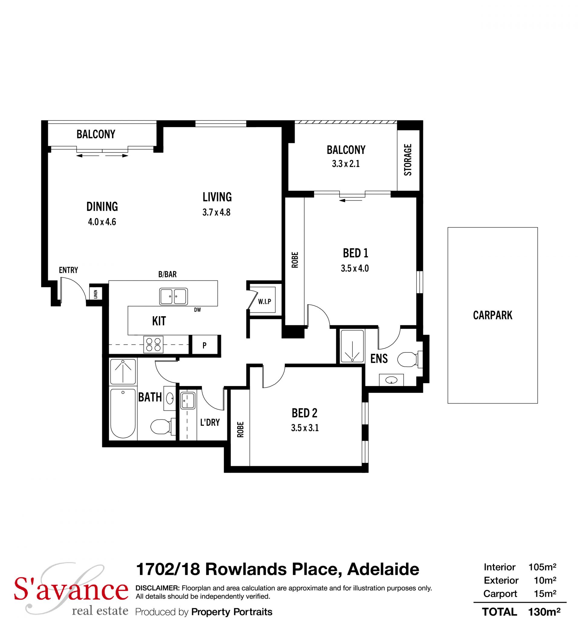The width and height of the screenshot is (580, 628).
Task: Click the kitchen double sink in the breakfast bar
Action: [x=174, y=296]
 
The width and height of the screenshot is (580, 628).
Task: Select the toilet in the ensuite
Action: [x=410, y=359]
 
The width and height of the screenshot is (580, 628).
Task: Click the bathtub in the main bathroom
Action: [x=123, y=413]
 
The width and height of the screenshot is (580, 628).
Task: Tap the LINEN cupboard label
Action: [x=96, y=294]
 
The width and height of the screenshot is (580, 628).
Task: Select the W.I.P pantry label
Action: [x=265, y=301]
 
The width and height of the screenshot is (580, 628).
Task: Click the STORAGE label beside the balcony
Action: [x=408, y=160]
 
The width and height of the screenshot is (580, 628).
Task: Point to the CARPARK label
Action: [x=492, y=315]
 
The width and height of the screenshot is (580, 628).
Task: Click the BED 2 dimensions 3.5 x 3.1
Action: [x=305, y=428]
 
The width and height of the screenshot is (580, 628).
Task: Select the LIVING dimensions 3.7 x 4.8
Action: [x=217, y=212]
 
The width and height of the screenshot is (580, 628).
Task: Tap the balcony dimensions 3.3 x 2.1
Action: [x=346, y=164]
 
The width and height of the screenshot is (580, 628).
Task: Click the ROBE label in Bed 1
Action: [x=295, y=260]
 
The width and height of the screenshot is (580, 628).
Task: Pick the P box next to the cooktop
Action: [x=205, y=345]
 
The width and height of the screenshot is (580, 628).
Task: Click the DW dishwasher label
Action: [x=198, y=310]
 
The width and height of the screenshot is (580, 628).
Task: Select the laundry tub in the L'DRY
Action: [x=188, y=400]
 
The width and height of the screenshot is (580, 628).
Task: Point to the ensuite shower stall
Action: [x=352, y=346]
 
